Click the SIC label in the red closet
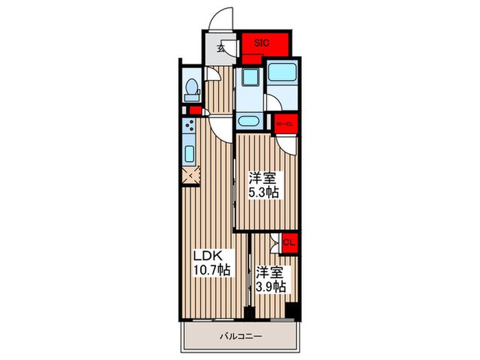click(261, 43)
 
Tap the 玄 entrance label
click(221, 48)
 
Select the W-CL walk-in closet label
click(285, 124)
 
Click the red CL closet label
click(289, 243)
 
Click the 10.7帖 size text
click(212, 269)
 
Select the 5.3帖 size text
click(263, 192)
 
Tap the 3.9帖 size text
click(271, 287)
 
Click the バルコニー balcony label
click(241, 337)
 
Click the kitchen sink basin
click(190, 154)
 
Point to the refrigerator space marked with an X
click(191, 176)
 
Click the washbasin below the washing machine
click(250, 121)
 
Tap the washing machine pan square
click(250, 77)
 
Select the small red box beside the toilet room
click(195, 110)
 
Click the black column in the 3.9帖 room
click(291, 311)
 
